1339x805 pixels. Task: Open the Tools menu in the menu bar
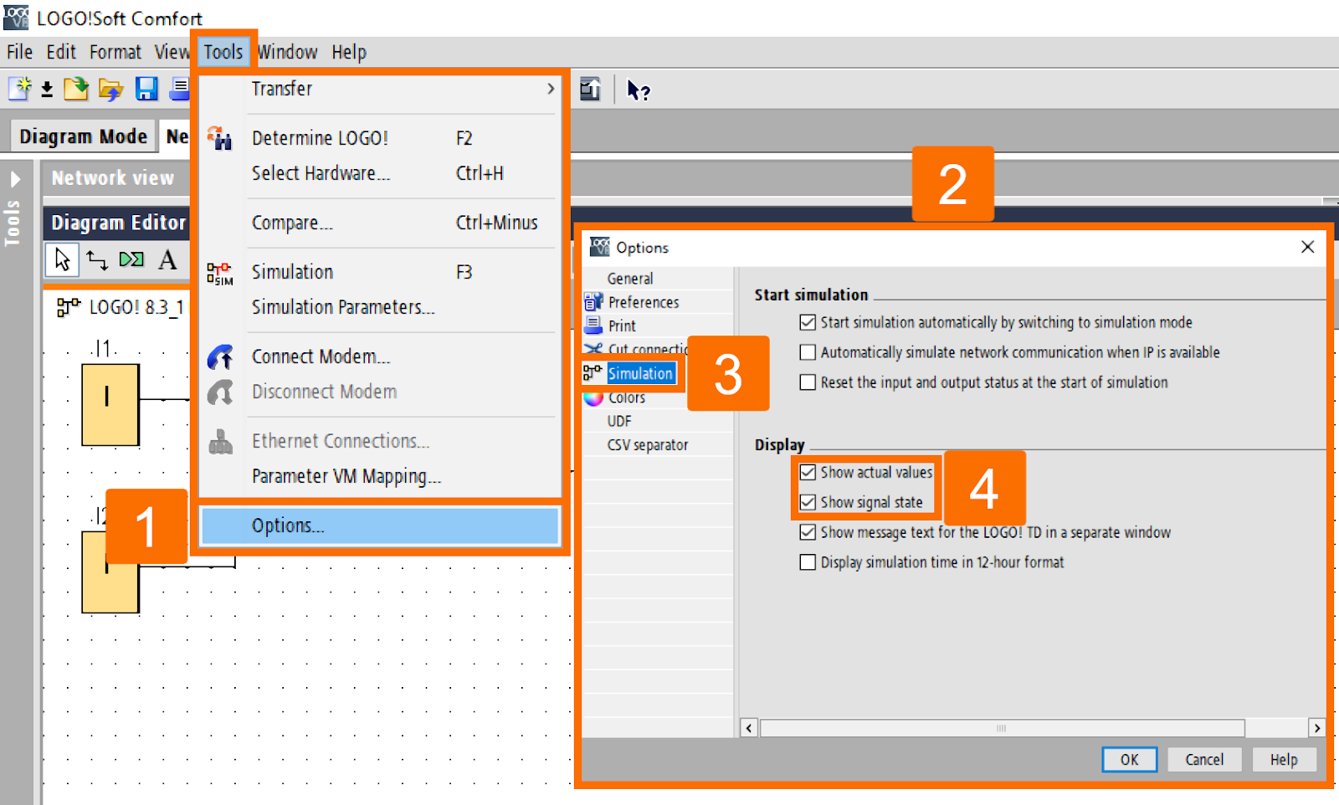click(x=223, y=52)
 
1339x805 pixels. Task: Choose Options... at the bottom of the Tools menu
click(x=288, y=526)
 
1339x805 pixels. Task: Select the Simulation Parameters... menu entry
click(x=343, y=307)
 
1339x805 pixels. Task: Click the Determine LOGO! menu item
click(x=320, y=138)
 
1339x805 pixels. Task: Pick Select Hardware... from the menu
click(x=321, y=173)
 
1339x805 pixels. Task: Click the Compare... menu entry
click(x=292, y=223)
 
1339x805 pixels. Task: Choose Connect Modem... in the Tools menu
click(x=321, y=356)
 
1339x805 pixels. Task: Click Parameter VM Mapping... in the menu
click(x=346, y=476)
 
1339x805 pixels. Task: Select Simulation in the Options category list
click(x=639, y=373)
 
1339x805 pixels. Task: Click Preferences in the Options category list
click(x=643, y=302)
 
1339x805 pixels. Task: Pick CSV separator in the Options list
click(x=647, y=445)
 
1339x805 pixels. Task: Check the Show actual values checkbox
click(x=808, y=473)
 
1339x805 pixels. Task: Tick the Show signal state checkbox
click(x=808, y=502)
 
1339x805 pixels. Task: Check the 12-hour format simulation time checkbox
click(x=808, y=562)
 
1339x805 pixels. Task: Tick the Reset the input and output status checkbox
click(x=808, y=382)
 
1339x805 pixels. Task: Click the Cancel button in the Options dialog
click(x=1203, y=759)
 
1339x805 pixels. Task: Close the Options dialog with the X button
click(x=1307, y=247)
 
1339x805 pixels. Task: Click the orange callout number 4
click(x=984, y=489)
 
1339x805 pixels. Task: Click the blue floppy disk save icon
click(x=147, y=89)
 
